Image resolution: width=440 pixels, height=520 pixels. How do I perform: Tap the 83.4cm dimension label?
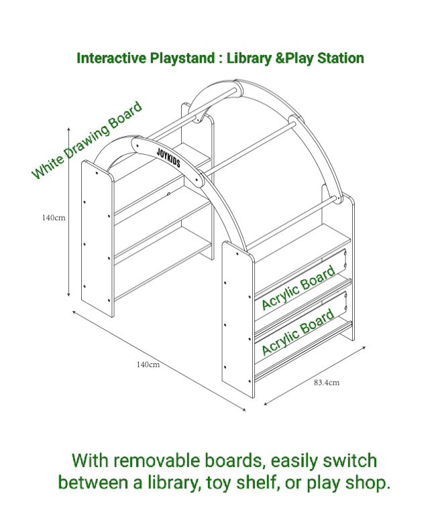pyautogui.click(x=327, y=383)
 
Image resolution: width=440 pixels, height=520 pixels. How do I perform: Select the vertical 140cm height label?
pyautogui.click(x=54, y=218)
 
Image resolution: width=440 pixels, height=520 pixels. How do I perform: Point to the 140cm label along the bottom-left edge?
pyautogui.click(x=148, y=365)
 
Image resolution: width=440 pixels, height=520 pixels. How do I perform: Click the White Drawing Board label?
pyautogui.click(x=87, y=140)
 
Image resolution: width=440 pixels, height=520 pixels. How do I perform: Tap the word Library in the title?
pyautogui.click(x=249, y=58)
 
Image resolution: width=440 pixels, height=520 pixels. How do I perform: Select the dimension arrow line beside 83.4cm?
pyautogui.click(x=315, y=376)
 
